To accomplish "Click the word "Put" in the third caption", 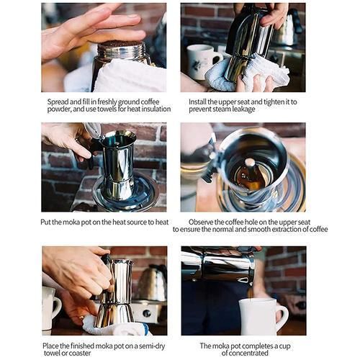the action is (x=45, y=222).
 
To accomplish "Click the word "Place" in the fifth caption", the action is (x=50, y=346).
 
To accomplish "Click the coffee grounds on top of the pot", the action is (x=121, y=43).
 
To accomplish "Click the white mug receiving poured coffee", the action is (x=263, y=317).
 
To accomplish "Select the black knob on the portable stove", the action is (x=147, y=313).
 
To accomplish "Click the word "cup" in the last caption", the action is (x=284, y=346).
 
